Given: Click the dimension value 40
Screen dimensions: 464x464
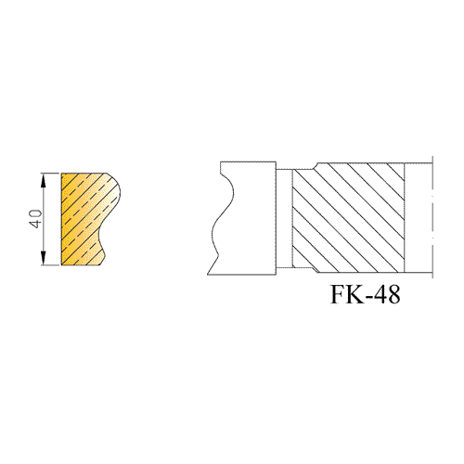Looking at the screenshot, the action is [36, 219].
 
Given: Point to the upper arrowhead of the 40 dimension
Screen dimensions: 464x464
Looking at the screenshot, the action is [44, 180].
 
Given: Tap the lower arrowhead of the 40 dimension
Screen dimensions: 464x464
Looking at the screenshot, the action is [44, 258].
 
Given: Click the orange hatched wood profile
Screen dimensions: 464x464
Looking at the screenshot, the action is [90, 219].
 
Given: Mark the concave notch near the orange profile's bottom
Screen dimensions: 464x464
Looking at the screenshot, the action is [101, 238].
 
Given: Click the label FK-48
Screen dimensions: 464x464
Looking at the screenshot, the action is [366, 294].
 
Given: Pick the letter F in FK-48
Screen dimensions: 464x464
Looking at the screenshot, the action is [336, 294].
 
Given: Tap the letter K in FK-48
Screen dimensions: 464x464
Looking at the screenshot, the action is [352, 294].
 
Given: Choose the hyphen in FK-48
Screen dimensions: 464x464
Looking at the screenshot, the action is [366, 297].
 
